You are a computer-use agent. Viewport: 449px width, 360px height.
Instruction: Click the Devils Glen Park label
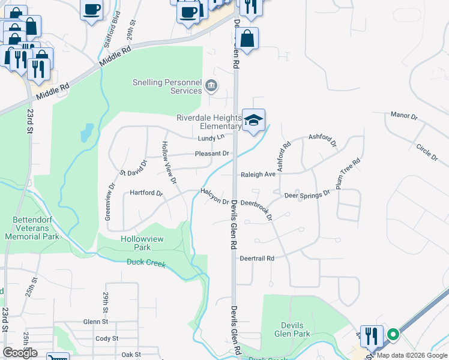point(292,329)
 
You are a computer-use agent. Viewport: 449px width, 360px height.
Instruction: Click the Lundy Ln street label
point(211,138)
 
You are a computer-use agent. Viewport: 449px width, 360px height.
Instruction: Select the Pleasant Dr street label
point(212,154)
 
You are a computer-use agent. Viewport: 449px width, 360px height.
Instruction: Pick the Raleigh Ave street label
point(258,175)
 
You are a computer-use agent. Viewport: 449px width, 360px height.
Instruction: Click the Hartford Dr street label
point(146,193)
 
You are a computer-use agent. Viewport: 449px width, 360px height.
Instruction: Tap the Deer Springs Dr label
point(307,195)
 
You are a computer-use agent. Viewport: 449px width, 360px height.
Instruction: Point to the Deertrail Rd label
point(257,259)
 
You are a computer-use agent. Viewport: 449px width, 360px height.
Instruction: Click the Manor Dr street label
point(403,115)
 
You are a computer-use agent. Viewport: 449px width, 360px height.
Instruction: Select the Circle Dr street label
point(427,152)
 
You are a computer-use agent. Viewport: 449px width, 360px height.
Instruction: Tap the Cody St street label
point(106,338)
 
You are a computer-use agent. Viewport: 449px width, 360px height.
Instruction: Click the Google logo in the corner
point(20,352)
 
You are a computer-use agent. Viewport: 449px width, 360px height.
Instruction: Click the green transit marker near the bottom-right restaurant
point(393,335)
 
